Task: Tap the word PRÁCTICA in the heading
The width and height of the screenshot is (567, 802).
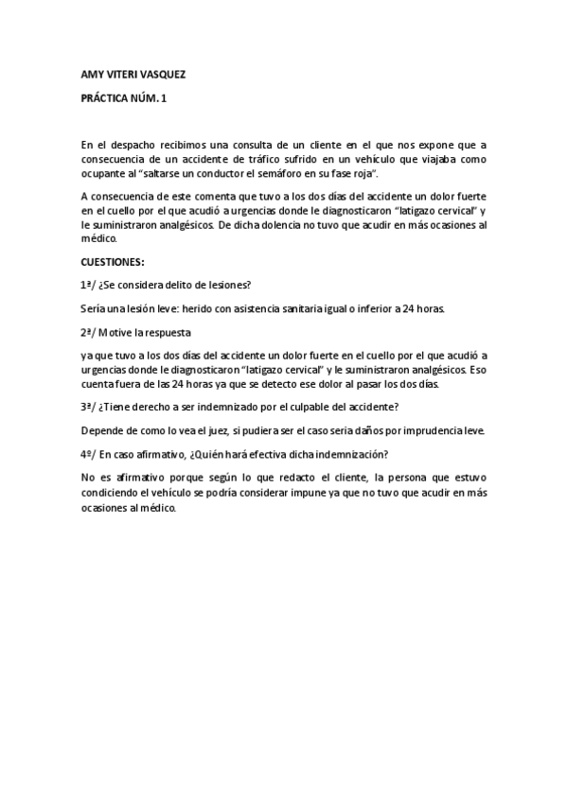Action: (x=105, y=98)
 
